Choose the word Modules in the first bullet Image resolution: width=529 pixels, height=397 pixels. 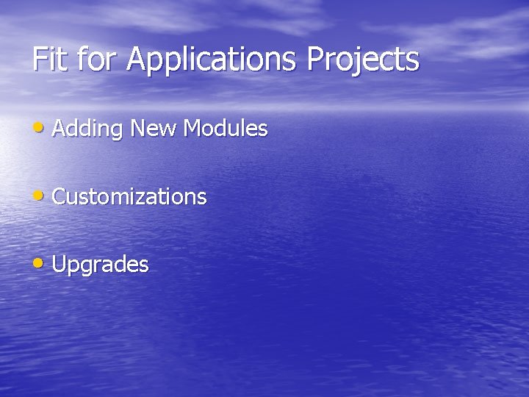(x=226, y=129)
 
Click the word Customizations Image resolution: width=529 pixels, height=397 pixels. (x=129, y=197)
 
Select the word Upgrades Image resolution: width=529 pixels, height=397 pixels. (x=101, y=265)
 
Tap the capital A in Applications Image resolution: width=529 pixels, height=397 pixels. (x=137, y=60)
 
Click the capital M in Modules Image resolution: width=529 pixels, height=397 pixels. (x=192, y=129)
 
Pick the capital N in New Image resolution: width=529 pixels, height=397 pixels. (x=137, y=129)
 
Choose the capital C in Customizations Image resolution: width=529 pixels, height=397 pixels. (x=60, y=197)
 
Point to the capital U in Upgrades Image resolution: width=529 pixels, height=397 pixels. (x=60, y=264)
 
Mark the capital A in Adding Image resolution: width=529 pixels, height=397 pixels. (x=60, y=129)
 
